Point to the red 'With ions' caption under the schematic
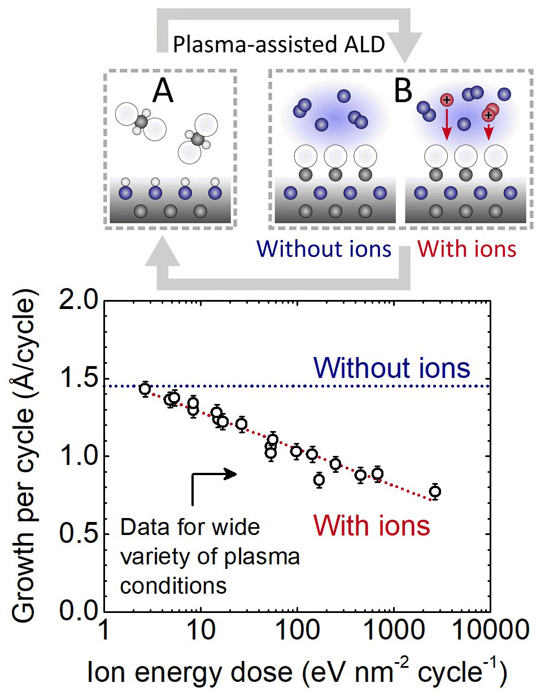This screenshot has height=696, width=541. [466, 249]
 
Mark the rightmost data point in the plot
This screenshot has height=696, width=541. [435, 491]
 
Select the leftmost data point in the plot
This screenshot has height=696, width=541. [145, 389]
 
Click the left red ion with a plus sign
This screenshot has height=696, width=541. [446, 101]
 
